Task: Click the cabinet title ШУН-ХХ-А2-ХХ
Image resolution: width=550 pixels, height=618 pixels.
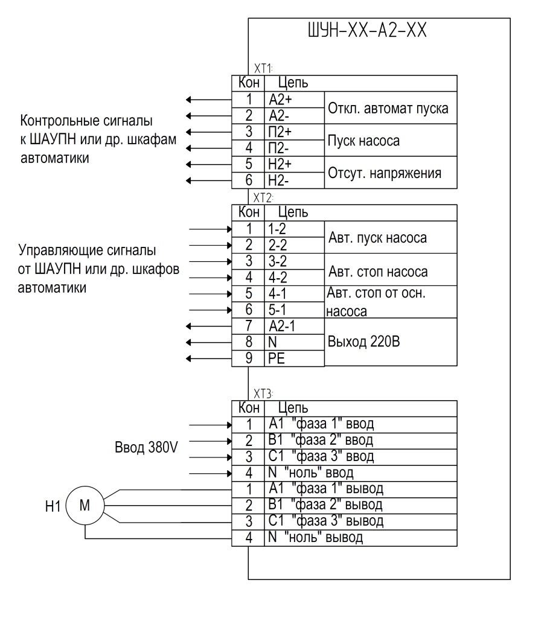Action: click(366, 30)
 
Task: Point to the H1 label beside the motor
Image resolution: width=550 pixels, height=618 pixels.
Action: click(53, 506)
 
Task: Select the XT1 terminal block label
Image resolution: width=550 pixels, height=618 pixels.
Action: click(263, 68)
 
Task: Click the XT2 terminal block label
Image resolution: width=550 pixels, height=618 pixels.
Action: click(263, 197)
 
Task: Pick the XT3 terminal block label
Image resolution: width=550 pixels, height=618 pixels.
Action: click(263, 393)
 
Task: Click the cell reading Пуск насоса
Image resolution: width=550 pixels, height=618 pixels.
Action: click(391, 140)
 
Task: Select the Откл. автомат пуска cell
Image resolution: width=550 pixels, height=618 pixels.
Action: click(391, 108)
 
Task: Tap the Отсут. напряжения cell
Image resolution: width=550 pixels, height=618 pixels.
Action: click(391, 173)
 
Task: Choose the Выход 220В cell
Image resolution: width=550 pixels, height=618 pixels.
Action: click(391, 342)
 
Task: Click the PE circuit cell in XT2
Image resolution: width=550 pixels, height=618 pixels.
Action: click(294, 358)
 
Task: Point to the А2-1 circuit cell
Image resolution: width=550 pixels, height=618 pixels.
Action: click(294, 326)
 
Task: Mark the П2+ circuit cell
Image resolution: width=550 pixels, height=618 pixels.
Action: click(294, 132)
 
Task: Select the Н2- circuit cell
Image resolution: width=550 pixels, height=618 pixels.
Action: click(294, 180)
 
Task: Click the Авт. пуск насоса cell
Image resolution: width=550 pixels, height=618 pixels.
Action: click(391, 237)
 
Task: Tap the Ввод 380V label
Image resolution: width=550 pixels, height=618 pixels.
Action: click(146, 447)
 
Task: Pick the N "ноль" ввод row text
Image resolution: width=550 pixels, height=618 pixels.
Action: click(310, 473)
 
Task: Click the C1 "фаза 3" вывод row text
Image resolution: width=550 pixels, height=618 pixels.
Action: click(325, 521)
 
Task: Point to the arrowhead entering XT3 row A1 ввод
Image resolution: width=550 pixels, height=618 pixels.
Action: click(229, 425)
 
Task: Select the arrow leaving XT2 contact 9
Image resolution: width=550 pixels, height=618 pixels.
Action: click(209, 358)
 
